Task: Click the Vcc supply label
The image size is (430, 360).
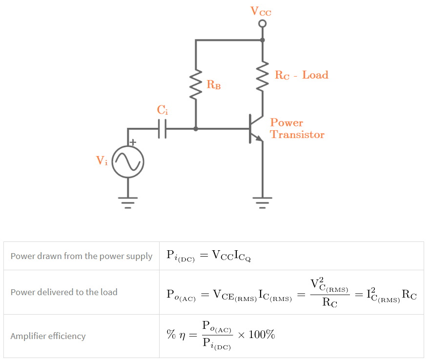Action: (261, 11)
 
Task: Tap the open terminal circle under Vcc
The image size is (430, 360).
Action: (263, 23)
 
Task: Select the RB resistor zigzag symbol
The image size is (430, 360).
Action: (196, 84)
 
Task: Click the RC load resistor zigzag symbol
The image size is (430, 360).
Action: (263, 76)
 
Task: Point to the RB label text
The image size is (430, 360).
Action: (214, 85)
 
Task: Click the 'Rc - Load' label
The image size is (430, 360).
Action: (301, 75)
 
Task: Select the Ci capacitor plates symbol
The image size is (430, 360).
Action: (163, 129)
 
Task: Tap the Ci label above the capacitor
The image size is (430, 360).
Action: (162, 110)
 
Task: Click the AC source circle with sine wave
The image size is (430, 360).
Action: (128, 162)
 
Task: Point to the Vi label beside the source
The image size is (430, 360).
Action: (102, 160)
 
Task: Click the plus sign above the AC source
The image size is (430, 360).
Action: (133, 142)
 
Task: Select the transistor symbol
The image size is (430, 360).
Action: (254, 129)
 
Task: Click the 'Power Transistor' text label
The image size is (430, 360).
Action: (297, 129)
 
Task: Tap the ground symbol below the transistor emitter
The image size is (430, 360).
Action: (263, 201)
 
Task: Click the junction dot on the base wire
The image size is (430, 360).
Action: (196, 129)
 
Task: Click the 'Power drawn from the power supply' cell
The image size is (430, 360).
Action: (82, 256)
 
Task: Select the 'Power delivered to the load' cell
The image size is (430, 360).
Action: (64, 292)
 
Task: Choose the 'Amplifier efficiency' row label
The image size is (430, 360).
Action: (48, 336)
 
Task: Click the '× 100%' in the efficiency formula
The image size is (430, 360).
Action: (256, 335)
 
